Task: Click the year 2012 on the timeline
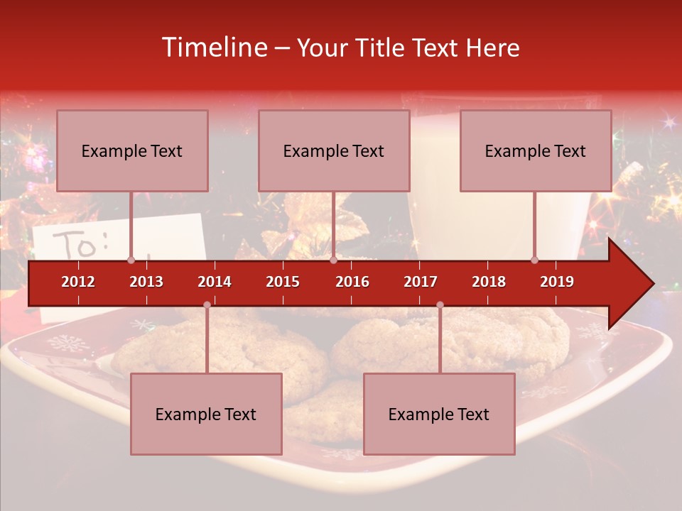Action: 78,282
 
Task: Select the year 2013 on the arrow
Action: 146,282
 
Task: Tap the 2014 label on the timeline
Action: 215,282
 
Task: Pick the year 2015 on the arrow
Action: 283,282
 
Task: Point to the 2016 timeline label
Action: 352,282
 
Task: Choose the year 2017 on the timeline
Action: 421,282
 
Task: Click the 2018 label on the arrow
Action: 489,282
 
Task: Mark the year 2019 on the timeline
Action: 557,282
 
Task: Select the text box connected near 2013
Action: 132,150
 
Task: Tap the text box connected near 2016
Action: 334,150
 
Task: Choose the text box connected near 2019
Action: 536,150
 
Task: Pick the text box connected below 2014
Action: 206,414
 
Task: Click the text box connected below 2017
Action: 439,414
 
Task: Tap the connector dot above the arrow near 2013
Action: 131,260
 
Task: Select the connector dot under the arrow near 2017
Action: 440,305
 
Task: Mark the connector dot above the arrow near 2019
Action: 534,260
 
